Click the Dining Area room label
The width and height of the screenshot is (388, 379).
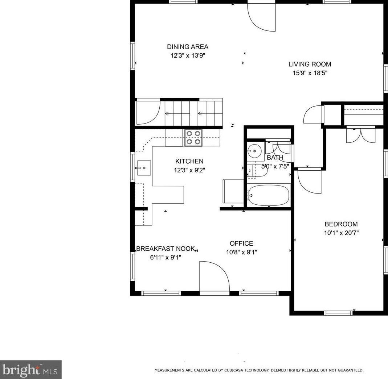pos(188,47)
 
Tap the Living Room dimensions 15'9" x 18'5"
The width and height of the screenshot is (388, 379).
pos(310,73)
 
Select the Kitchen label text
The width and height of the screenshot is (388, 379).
pos(189,161)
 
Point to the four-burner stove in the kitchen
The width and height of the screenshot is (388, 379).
pos(193,138)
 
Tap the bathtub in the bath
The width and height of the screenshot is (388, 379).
pos(269,196)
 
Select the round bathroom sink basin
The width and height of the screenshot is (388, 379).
pos(254,150)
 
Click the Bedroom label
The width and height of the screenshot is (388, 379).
pos(341,224)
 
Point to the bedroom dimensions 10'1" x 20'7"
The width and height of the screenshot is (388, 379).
pos(341,233)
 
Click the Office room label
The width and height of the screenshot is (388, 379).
pos(241,243)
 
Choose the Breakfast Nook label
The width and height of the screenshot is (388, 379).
pos(166,249)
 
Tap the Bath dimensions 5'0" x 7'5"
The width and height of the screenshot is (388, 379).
pos(275,166)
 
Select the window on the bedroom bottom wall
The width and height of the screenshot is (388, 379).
pos(338,313)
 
